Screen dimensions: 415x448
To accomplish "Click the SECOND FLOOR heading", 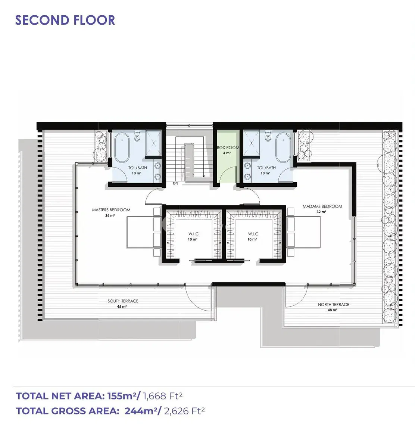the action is pyautogui.click(x=65, y=20).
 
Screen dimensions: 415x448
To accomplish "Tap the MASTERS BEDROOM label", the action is pyautogui.click(x=111, y=210).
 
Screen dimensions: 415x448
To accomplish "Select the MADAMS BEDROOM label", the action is pyautogui.click(x=322, y=206).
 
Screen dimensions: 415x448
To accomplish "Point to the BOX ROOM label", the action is pyautogui.click(x=228, y=147).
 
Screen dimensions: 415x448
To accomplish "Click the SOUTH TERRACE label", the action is pyautogui.click(x=123, y=301).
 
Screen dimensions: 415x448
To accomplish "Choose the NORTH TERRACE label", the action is pyautogui.click(x=333, y=304).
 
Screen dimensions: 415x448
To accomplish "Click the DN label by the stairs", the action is pyautogui.click(x=175, y=183).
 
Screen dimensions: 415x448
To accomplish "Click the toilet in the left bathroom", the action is pyautogui.click(x=137, y=136).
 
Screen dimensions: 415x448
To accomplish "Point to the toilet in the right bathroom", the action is pyautogui.click(x=268, y=136).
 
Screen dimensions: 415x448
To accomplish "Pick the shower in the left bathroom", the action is pyautogui.click(x=154, y=143).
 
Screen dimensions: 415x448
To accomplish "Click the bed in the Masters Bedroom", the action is pyautogui.click(x=143, y=232).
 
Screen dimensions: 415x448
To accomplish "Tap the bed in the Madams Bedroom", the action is pyautogui.click(x=304, y=232).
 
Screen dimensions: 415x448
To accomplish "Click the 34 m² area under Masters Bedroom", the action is pyautogui.click(x=110, y=216).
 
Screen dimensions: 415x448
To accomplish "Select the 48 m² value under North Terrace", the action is pyautogui.click(x=333, y=310).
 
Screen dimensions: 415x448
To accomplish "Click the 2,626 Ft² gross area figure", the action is pyautogui.click(x=184, y=411).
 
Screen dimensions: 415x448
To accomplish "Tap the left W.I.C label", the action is pyautogui.click(x=194, y=234).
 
